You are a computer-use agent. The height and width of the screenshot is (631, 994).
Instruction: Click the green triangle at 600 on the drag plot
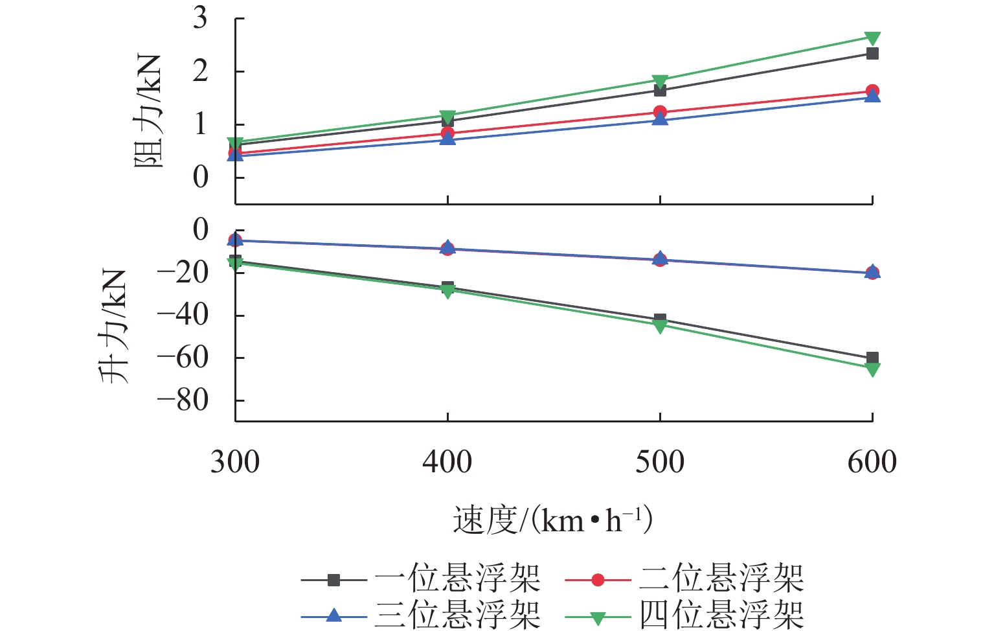(872, 38)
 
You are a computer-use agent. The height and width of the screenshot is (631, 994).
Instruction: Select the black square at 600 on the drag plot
(872, 54)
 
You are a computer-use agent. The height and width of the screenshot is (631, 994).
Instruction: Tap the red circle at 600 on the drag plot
(872, 91)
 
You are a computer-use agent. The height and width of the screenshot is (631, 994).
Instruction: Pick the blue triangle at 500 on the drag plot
(660, 119)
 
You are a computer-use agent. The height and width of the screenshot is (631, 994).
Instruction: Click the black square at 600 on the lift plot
(872, 358)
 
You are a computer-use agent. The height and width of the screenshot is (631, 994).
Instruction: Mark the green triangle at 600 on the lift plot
(872, 369)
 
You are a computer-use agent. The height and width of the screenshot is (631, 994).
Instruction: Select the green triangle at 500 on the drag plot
(660, 82)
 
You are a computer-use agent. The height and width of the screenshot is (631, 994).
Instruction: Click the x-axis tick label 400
(447, 463)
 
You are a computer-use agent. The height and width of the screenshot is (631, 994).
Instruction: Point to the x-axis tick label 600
(872, 463)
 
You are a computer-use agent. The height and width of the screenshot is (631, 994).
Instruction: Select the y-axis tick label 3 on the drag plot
(200, 17)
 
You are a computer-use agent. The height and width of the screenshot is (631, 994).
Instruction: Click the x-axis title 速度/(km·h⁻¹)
(552, 520)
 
